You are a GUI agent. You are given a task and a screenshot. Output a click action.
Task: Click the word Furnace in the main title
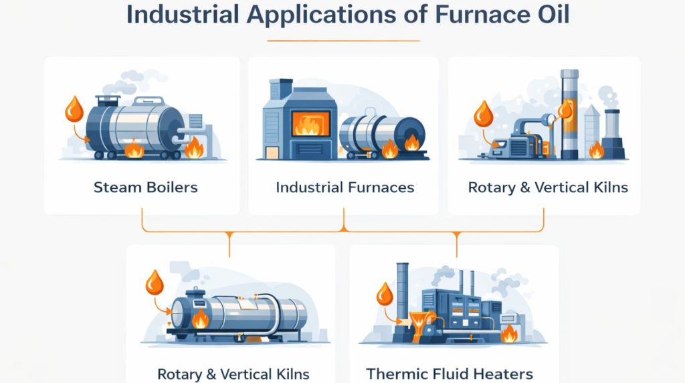click(x=474, y=15)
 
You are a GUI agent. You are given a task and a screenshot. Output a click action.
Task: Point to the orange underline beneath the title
click(x=343, y=41)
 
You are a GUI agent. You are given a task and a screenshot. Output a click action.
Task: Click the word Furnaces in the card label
click(x=381, y=187)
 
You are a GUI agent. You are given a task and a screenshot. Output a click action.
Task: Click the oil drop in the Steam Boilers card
click(x=74, y=108)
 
